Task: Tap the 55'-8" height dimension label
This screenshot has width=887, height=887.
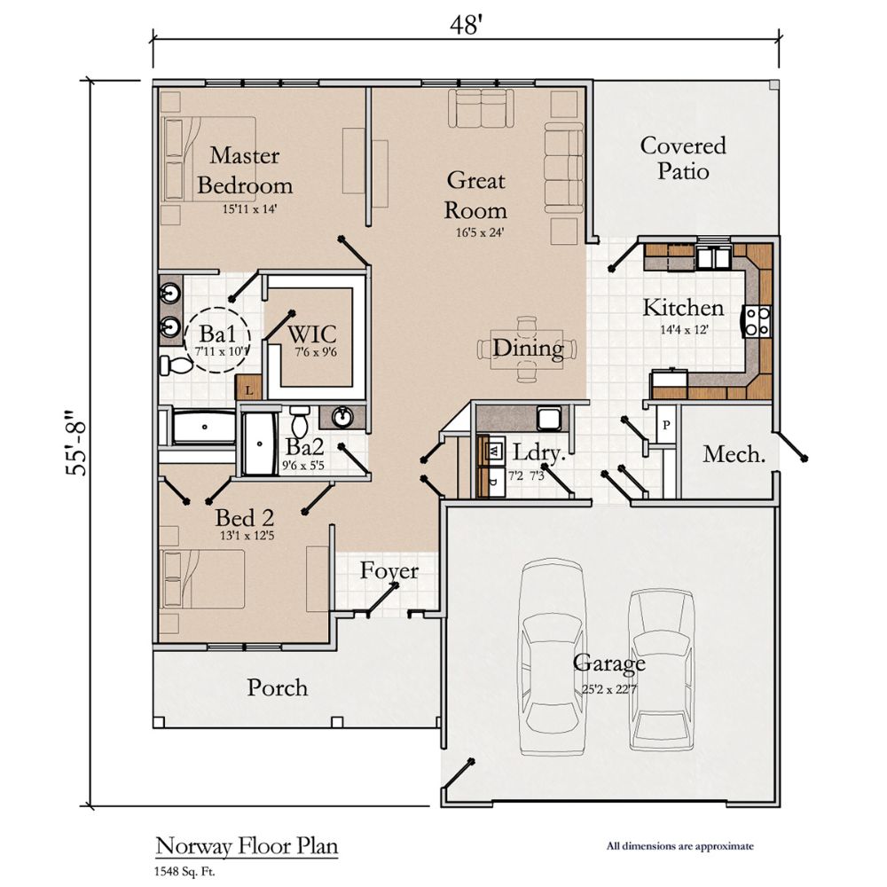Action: point(81,442)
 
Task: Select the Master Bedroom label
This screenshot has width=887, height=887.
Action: point(245,171)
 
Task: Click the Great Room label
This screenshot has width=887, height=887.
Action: point(475,195)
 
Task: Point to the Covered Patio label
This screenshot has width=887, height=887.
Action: point(683,157)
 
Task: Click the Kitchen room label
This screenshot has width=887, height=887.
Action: point(683,308)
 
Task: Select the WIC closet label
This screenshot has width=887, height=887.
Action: point(312,336)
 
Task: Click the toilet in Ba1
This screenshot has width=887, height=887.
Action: point(177,364)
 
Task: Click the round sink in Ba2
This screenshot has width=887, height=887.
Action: point(342,416)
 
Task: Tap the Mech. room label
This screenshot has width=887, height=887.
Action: point(734,455)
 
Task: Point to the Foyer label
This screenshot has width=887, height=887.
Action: point(389,571)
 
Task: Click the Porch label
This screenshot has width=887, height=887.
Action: point(277,687)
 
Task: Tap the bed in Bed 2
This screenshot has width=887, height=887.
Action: point(203,578)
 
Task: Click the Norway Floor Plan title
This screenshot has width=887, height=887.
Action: point(247,846)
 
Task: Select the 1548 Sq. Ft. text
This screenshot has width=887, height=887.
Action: point(185,871)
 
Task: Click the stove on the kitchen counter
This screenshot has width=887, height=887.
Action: point(758,321)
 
